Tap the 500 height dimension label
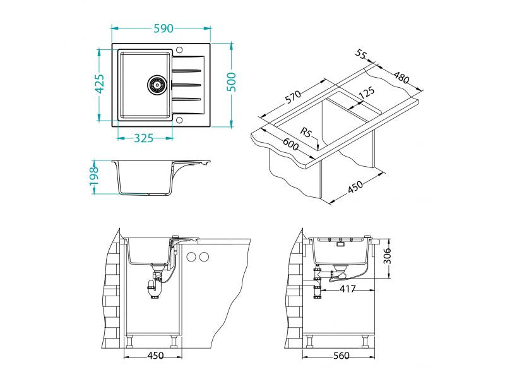point(232,82)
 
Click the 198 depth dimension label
point(93,178)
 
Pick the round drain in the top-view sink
point(157,83)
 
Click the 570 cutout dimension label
point(292,97)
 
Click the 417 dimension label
point(347,289)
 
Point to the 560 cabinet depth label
point(341,356)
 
